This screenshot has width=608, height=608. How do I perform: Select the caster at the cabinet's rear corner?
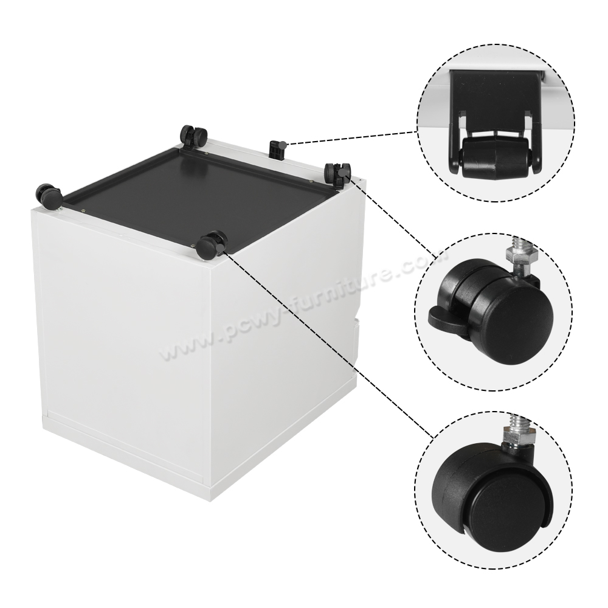193,135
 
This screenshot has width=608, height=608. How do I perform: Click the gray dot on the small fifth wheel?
284,144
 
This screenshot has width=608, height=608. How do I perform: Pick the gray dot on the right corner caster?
345,173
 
